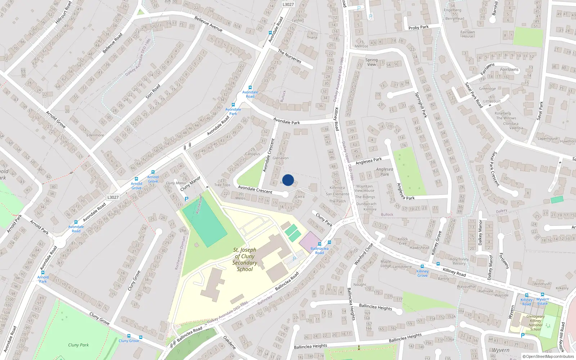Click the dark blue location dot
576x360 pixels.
[x=288, y=180]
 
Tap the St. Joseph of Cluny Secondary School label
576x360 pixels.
[x=245, y=260]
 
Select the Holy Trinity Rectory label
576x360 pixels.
[x=459, y=261]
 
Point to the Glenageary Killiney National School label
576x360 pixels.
[x=535, y=323]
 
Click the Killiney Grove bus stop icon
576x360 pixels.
[x=422, y=267]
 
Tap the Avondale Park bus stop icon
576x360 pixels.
[x=233, y=105]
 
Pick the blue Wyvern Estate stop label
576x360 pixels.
[x=543, y=301]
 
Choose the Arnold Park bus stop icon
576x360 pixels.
[x=43, y=273]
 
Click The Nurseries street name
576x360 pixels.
[x=289, y=56]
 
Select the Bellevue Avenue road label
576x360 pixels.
[x=208, y=24]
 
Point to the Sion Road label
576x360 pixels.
[x=153, y=92]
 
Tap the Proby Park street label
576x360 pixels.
[x=418, y=27]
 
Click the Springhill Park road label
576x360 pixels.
[x=421, y=105]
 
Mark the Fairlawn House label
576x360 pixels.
[x=468, y=34]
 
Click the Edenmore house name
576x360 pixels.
[x=95, y=135]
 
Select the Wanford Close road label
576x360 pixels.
[x=364, y=254]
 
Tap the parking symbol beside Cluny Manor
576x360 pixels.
[x=186, y=199]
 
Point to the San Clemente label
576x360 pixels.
[x=337, y=194]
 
